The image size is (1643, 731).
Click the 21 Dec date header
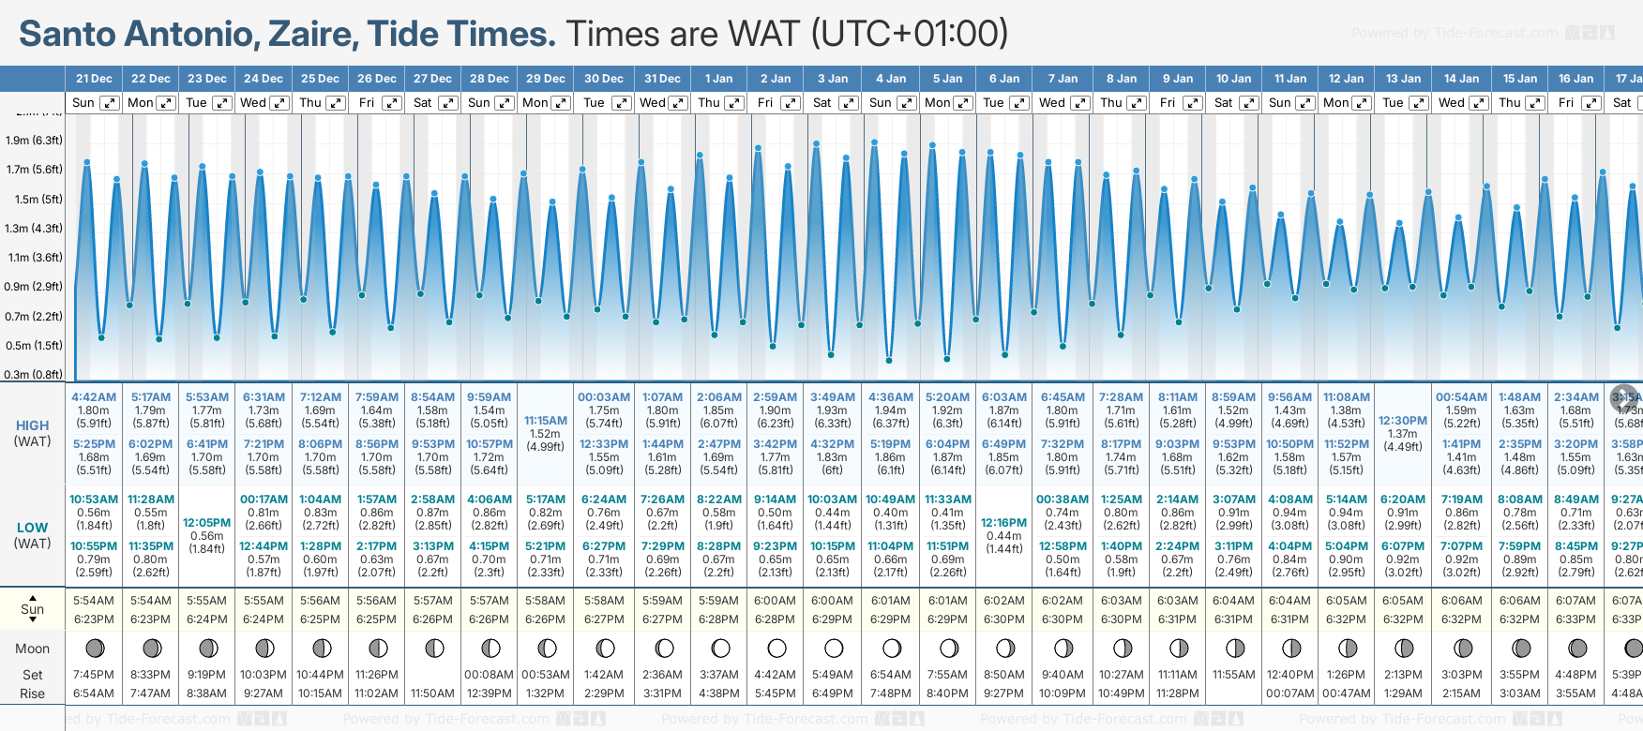pos(94,79)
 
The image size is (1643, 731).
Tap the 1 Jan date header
pos(718,79)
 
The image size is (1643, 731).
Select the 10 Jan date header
pos(1233,79)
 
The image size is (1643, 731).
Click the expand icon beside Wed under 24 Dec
pos(279,103)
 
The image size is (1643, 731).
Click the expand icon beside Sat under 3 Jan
pos(848,103)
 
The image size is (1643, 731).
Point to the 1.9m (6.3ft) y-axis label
pos(34,141)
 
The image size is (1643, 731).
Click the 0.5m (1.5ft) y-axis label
pos(34,345)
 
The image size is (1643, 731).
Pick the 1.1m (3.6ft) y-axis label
pos(34,258)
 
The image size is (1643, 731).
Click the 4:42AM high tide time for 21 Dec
pos(94,397)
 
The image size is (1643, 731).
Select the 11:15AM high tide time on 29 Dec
pos(546,421)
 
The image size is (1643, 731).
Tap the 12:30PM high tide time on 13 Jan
pos(1403,421)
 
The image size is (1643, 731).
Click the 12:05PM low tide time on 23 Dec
pos(206,523)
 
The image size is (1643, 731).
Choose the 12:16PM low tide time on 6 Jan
pos(1003,523)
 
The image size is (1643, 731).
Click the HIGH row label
pos(33,425)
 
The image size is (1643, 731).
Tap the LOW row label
pos(33,528)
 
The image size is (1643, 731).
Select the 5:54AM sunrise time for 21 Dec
pos(94,601)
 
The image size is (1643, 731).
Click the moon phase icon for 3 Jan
pos(834,648)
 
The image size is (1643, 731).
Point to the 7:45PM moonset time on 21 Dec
pos(94,675)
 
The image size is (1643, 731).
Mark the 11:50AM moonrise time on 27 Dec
pos(433,694)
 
